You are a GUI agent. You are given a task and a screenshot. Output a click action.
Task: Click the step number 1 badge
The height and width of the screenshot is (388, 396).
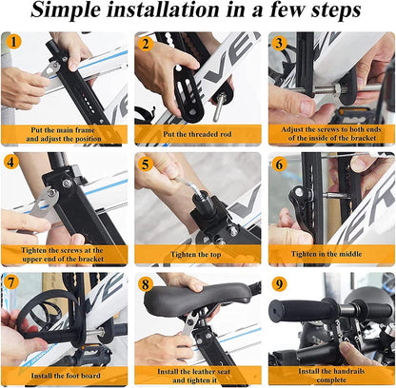(x=13, y=42)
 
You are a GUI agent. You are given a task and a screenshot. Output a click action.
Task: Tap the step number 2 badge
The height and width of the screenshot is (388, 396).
(x=146, y=42)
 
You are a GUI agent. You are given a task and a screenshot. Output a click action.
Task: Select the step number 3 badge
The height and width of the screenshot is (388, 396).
(x=278, y=42)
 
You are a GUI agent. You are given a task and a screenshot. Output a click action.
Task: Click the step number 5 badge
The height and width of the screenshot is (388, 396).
(x=146, y=163)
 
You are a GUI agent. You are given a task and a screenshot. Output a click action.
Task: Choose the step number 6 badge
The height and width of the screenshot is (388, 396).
(x=278, y=163)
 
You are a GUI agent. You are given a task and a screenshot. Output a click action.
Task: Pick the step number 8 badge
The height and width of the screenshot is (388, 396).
(x=146, y=282)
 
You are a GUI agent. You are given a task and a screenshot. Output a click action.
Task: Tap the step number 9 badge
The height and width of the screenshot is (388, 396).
(x=278, y=282)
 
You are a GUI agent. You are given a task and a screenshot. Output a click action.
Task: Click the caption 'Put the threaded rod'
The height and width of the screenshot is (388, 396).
(x=198, y=134)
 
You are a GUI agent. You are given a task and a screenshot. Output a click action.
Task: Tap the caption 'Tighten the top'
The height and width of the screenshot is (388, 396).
(x=198, y=255)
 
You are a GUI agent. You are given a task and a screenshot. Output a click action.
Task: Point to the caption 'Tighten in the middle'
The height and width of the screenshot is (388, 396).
(x=330, y=255)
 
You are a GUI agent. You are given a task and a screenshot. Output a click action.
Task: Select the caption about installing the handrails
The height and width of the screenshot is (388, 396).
(x=330, y=371)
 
